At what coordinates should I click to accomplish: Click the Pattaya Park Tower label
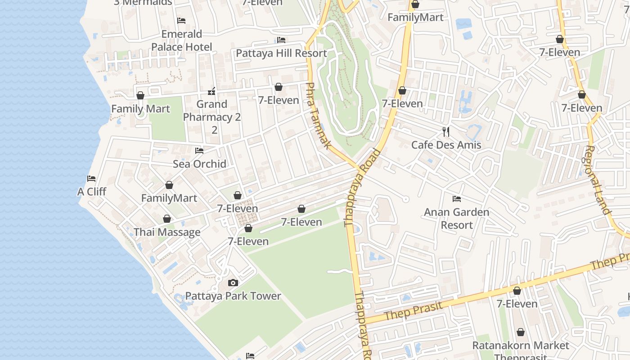tap(233, 296)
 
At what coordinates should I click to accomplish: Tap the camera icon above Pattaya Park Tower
tap(233, 283)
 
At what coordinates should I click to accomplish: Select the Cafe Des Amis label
tap(446, 145)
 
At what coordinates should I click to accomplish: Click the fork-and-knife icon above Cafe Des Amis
tap(446, 131)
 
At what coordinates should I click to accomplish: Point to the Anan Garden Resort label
tap(456, 218)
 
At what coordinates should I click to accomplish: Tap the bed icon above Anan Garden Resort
tap(457, 198)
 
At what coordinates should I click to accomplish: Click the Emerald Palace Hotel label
tap(182, 40)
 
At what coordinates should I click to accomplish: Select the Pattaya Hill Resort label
tap(281, 53)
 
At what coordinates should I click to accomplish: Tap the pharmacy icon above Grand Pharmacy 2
tap(211, 92)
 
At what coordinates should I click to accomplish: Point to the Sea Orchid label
tap(199, 164)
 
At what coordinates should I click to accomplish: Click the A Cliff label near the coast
tap(92, 192)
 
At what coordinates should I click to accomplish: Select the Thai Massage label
tap(167, 232)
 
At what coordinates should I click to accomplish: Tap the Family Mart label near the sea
tap(140, 109)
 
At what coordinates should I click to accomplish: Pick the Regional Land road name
tap(598, 180)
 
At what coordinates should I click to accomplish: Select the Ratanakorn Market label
tap(521, 346)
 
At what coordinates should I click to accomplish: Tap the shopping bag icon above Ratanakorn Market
tap(521, 332)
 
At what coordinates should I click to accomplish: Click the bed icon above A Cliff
tap(91, 178)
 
